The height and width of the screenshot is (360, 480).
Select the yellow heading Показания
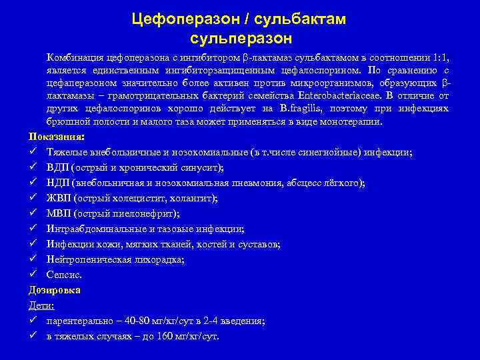pyautogui.click(x=56, y=137)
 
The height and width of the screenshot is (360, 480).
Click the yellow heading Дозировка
pyautogui.click(x=55, y=290)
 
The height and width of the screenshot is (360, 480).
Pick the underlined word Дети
pyautogui.click(x=41, y=305)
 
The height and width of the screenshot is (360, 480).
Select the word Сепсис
pyautogui.click(x=64, y=275)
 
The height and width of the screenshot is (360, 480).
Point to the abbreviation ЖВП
pyautogui.click(x=59, y=198)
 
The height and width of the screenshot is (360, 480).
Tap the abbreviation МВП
pyautogui.click(x=58, y=213)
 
